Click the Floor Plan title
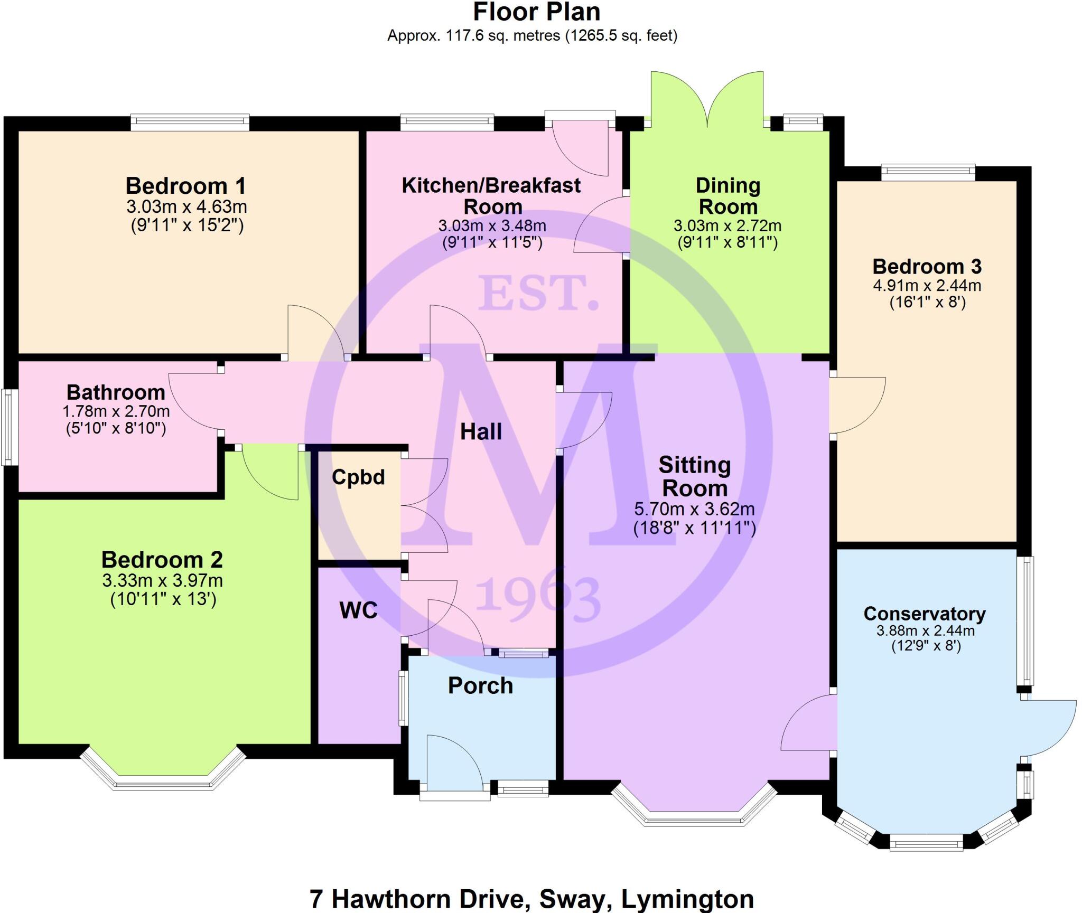pos(536,13)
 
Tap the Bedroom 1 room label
pos(185,186)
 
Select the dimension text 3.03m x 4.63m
pos(186,206)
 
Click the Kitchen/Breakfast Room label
pos(491,195)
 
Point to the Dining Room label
pos(727,195)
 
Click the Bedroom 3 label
pos(927,267)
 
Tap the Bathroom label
pos(116,392)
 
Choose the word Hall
pos(481,432)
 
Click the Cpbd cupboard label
pos(358,477)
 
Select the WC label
pos(358,610)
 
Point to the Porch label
pos(480,685)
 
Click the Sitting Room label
pos(695,476)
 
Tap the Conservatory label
pos(925,614)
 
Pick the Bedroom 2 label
pos(162,559)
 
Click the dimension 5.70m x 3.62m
pos(694,509)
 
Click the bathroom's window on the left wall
pos(10,427)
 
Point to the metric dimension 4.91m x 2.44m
pos(927,286)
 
